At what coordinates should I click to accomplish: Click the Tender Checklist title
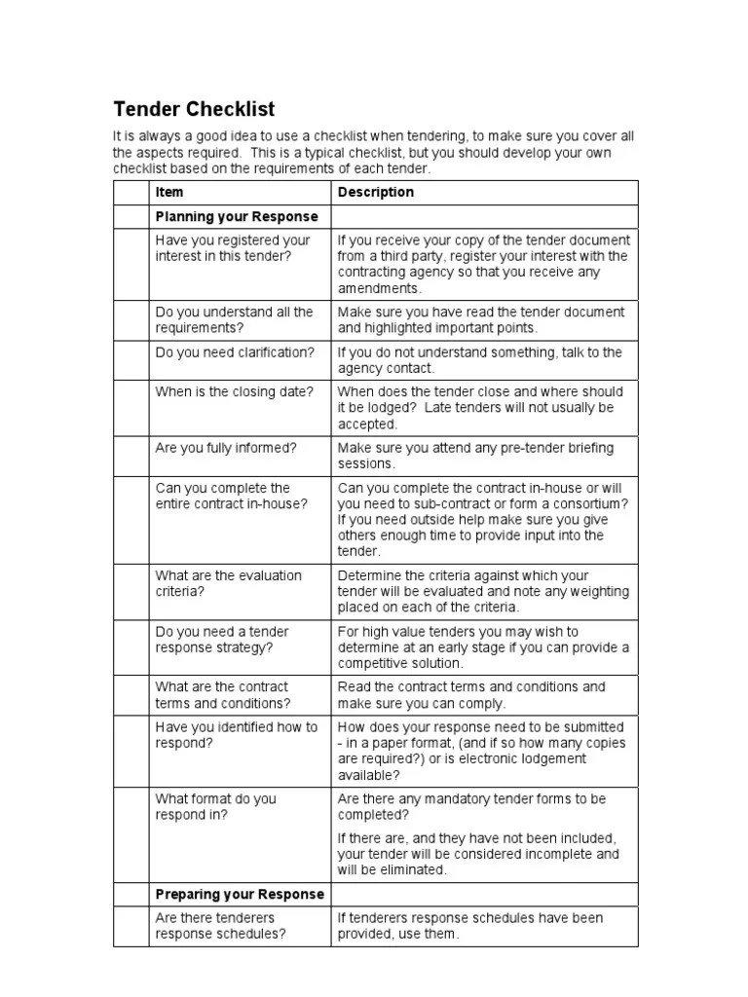[x=195, y=108]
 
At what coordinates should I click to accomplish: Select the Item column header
[x=169, y=192]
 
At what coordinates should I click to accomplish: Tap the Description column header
[x=375, y=192]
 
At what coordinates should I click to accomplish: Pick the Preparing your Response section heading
[x=240, y=894]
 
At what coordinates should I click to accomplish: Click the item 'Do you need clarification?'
[x=235, y=352]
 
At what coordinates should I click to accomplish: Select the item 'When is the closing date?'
[x=234, y=391]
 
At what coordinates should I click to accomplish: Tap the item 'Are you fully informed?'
[x=226, y=448]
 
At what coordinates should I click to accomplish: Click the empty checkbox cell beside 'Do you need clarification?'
[x=131, y=360]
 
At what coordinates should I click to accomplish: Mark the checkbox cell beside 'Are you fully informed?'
[x=131, y=456]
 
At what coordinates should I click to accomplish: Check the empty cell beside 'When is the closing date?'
[x=131, y=407]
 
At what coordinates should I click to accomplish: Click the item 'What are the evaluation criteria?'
[x=229, y=583]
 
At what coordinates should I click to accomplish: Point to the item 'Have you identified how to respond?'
[x=237, y=734]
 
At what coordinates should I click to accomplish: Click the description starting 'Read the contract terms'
[x=471, y=694]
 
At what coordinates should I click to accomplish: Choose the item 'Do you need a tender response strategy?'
[x=222, y=639]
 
